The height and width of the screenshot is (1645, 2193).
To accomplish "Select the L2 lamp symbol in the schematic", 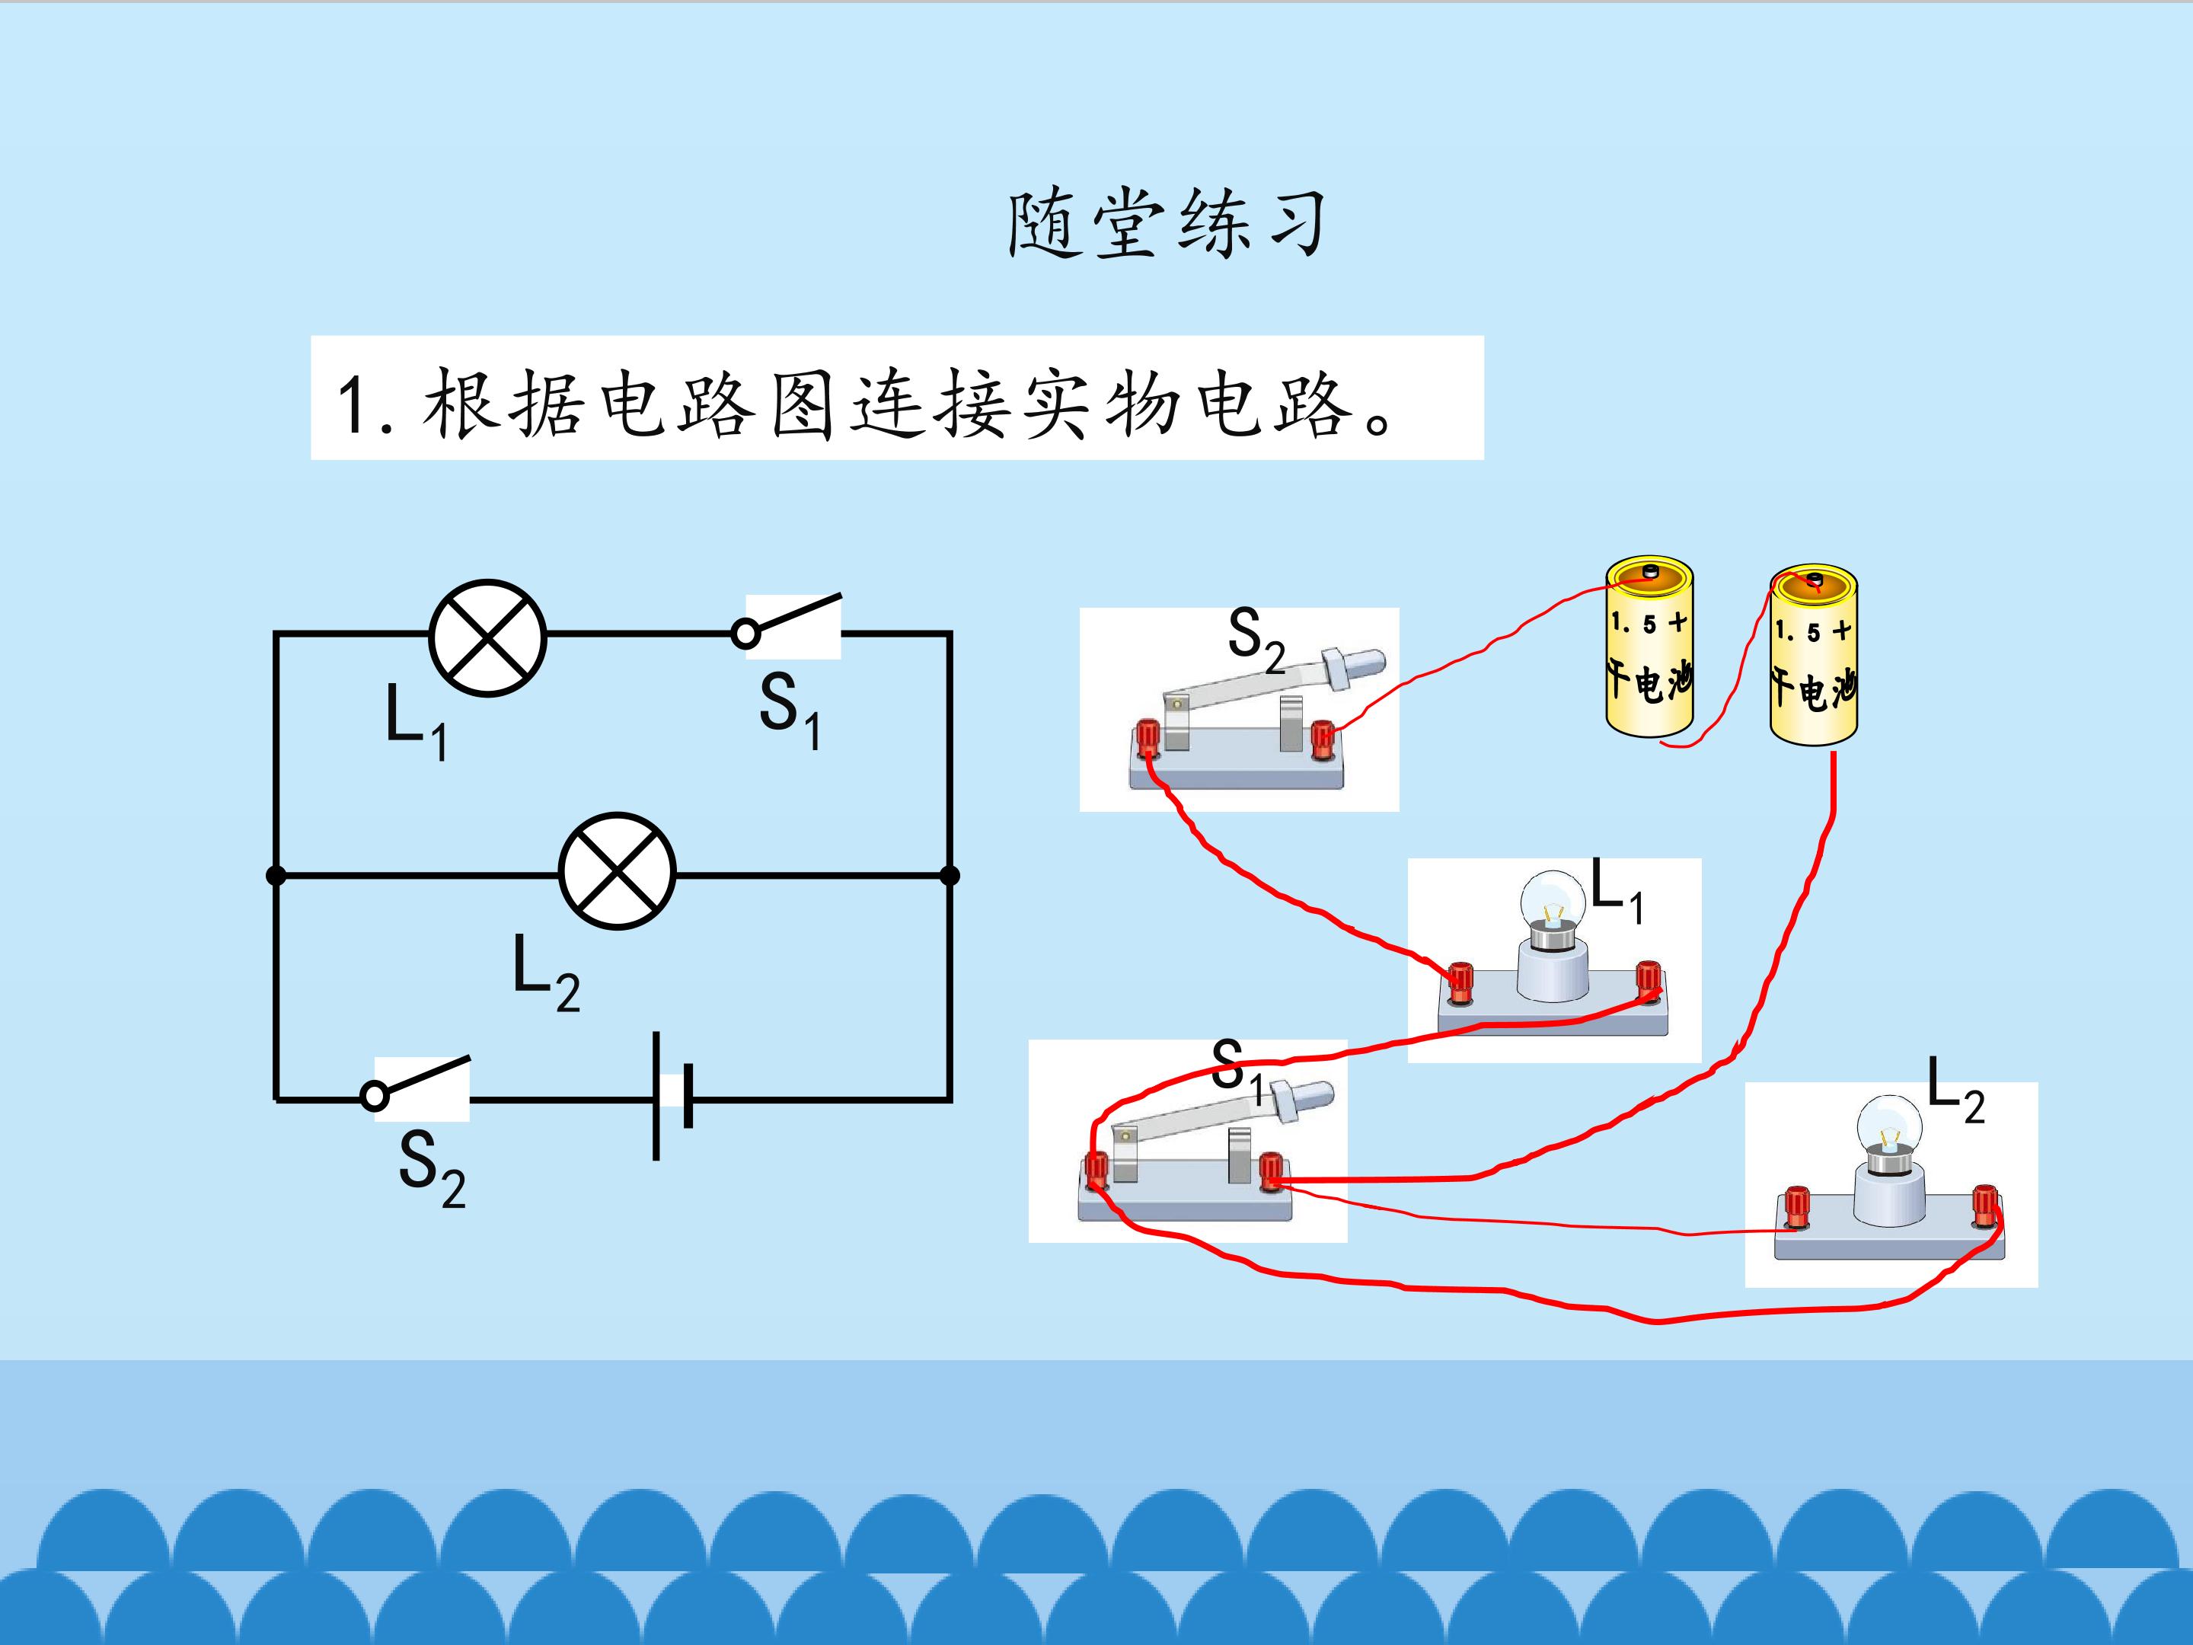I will pos(617,871).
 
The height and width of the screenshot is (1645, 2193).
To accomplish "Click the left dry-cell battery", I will pos(1649,647).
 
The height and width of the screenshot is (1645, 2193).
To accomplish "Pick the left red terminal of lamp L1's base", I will pos(1460,982).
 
